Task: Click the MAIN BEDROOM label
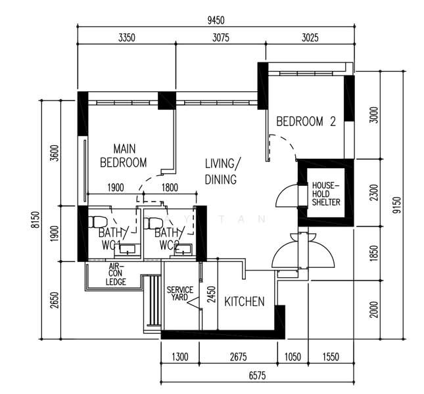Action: point(123,156)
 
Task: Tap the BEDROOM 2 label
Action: point(306,121)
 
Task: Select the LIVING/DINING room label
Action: point(222,171)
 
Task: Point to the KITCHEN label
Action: point(245,301)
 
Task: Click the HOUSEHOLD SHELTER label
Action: point(326,194)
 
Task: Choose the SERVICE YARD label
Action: point(179,294)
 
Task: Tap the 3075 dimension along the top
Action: point(221,38)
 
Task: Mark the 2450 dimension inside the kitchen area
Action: point(211,295)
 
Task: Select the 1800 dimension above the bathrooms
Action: point(169,188)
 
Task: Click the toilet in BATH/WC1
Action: point(99,221)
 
